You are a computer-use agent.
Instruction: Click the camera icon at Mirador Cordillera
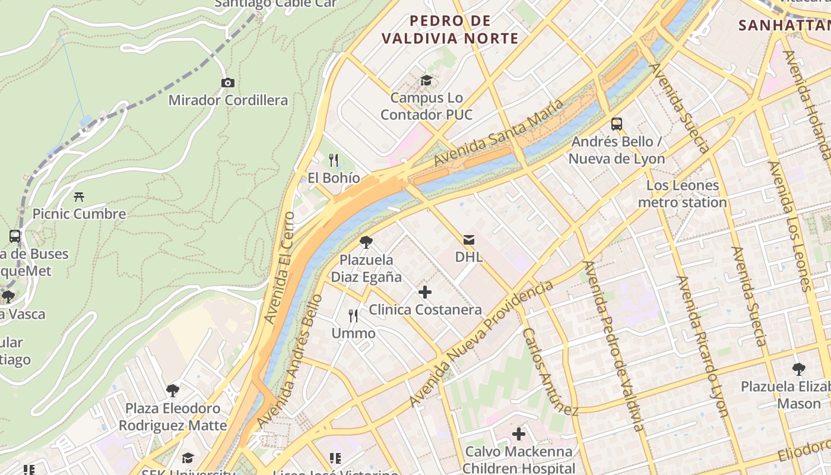[x=228, y=83]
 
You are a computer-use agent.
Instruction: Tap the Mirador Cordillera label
[x=228, y=100]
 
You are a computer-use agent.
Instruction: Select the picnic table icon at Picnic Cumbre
[x=78, y=197]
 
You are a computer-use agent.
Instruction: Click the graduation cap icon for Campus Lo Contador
[x=426, y=80]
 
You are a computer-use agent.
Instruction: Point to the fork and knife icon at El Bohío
[x=334, y=160]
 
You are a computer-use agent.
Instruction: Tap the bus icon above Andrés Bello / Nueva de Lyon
[x=617, y=124]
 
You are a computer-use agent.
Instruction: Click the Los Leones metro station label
[x=682, y=194]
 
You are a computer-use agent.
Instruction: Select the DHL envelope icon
[x=469, y=240]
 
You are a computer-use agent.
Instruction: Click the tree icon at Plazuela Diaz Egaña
[x=366, y=242]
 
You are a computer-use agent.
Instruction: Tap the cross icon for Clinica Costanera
[x=425, y=292]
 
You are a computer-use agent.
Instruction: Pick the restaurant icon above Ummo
[x=353, y=316]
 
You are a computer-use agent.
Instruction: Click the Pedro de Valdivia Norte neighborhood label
[x=450, y=30]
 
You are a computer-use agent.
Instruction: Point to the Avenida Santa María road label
[x=499, y=134]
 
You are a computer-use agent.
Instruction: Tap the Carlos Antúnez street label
[x=550, y=371]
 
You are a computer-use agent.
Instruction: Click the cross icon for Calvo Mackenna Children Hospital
[x=519, y=434]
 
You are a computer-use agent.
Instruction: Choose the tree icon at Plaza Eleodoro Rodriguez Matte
[x=173, y=391]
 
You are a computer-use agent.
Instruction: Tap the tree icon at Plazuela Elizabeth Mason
[x=798, y=369]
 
